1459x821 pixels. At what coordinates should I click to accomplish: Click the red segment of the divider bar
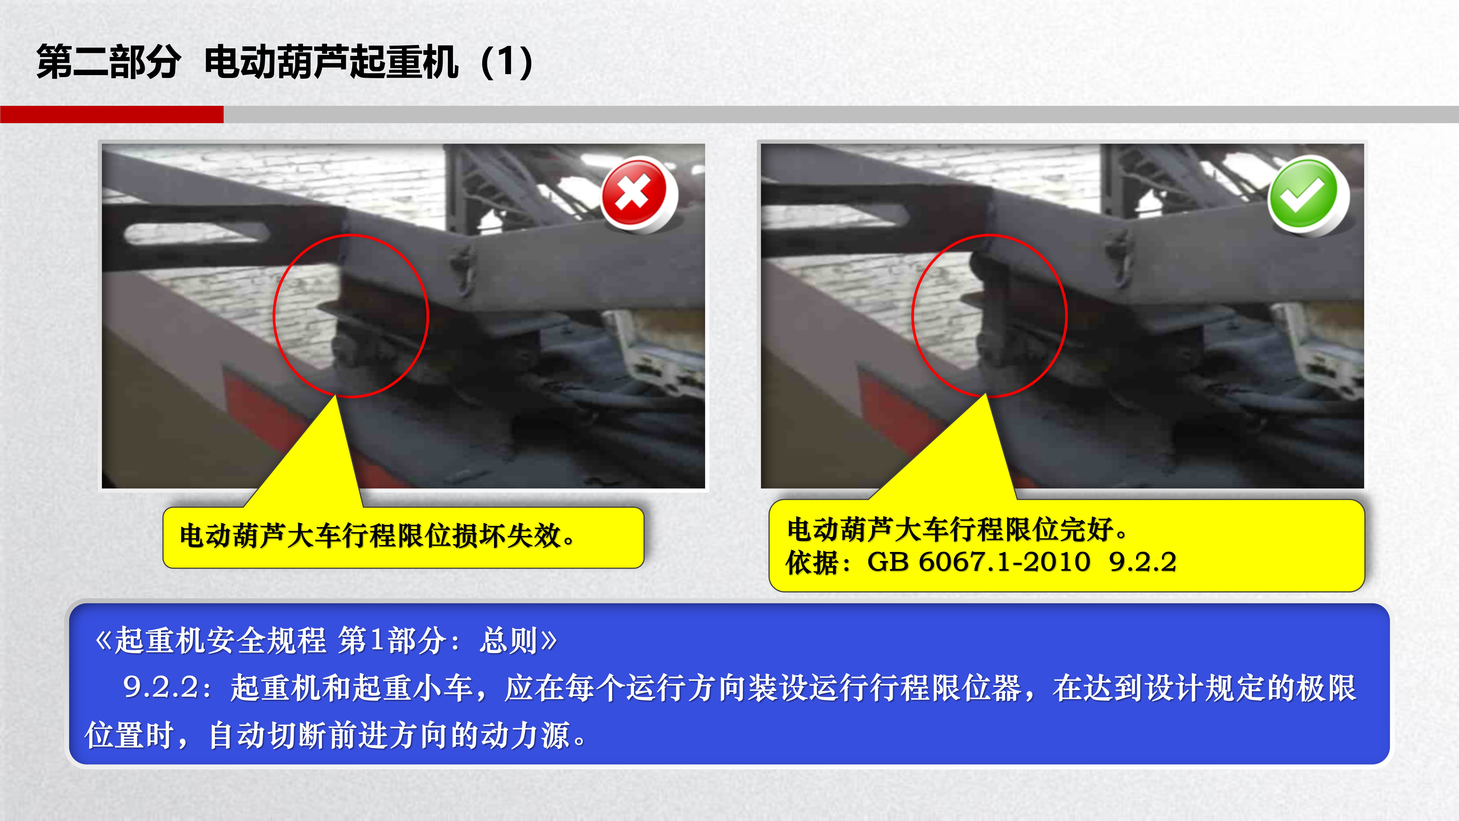[111, 114]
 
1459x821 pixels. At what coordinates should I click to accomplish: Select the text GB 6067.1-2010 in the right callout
[978, 562]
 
